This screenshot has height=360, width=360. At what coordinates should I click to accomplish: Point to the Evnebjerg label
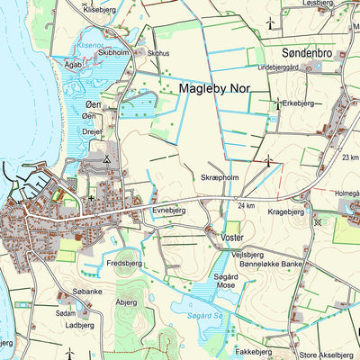click(168, 209)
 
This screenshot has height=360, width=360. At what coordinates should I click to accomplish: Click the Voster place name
click(232, 237)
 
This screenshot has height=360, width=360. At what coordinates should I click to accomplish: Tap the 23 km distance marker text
click(349, 157)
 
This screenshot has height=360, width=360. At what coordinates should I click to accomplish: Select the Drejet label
click(93, 130)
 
